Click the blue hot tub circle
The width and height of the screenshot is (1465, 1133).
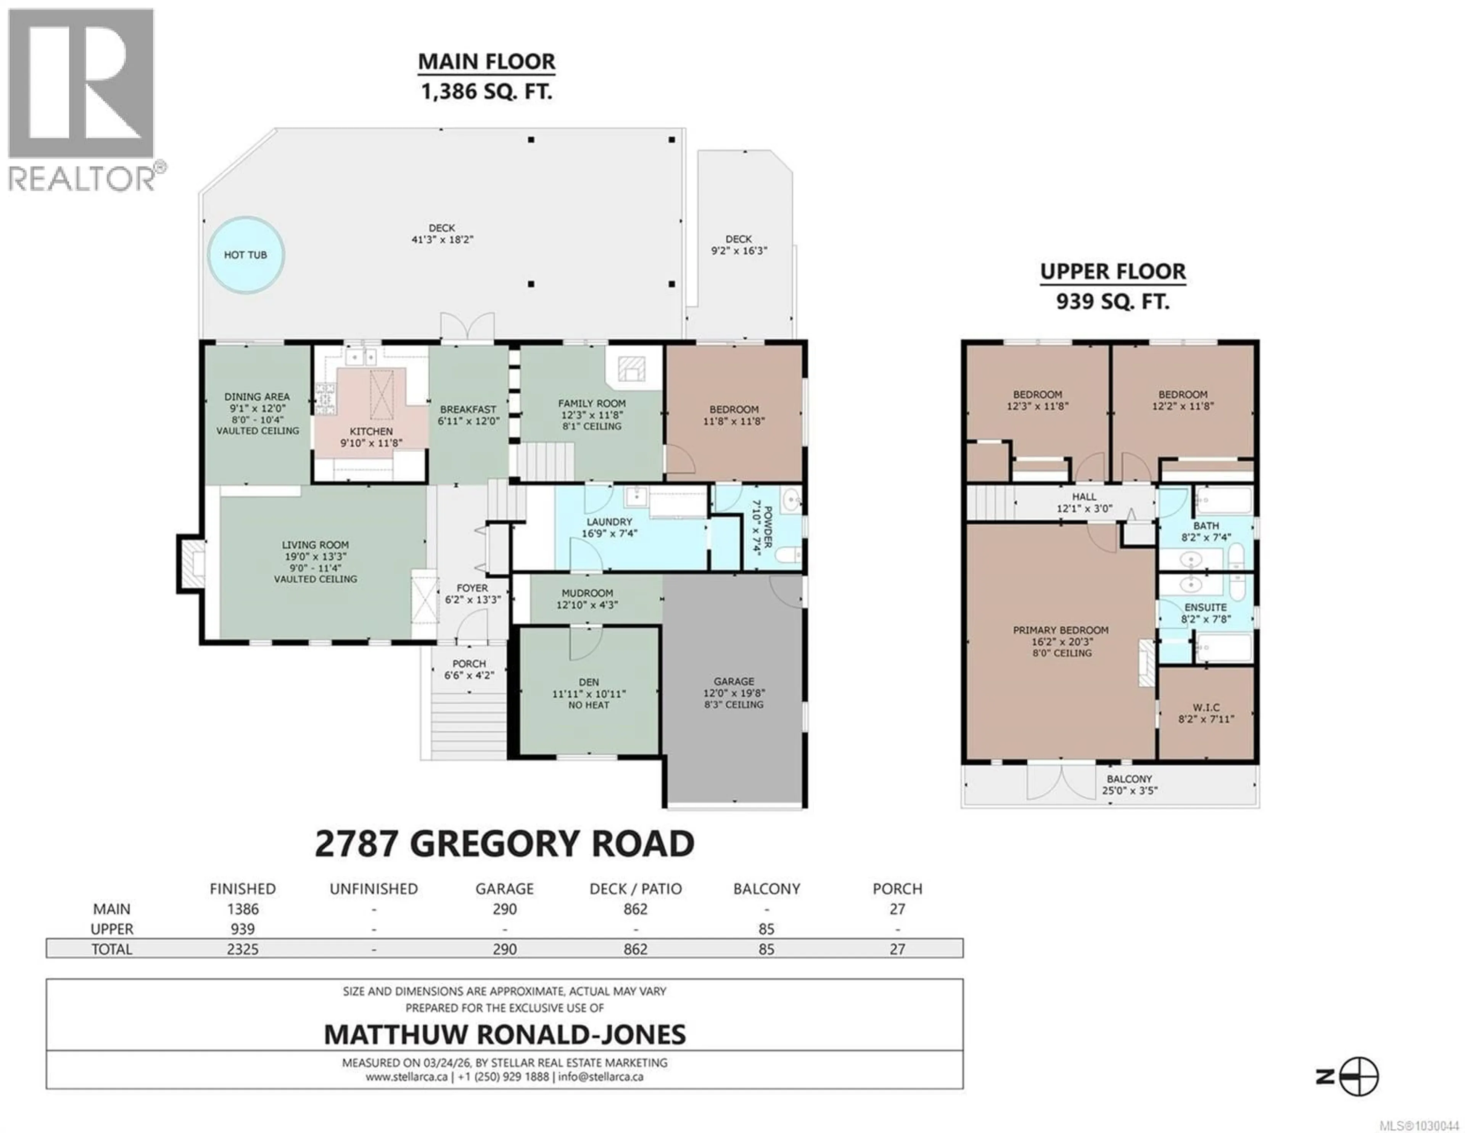[x=246, y=255]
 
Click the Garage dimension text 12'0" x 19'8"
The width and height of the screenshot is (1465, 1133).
[x=734, y=693]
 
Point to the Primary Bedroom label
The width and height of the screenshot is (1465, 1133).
[x=1061, y=630]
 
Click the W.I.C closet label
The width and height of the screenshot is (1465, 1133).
[x=1206, y=707]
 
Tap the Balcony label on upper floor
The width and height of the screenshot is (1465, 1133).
[x=1130, y=779]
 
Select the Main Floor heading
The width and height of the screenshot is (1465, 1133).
[x=486, y=62]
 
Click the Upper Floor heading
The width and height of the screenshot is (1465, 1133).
[x=1113, y=272]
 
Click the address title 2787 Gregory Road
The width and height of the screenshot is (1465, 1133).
[x=504, y=844]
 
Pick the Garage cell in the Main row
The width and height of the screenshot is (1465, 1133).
[x=504, y=909]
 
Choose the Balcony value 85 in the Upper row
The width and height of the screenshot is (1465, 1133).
[x=766, y=929]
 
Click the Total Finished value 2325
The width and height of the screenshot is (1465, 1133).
[x=242, y=949]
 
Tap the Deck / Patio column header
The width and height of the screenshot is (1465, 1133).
[x=635, y=889]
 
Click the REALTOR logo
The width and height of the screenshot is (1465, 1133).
[x=82, y=101]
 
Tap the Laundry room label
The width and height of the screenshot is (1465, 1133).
[x=609, y=522]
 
